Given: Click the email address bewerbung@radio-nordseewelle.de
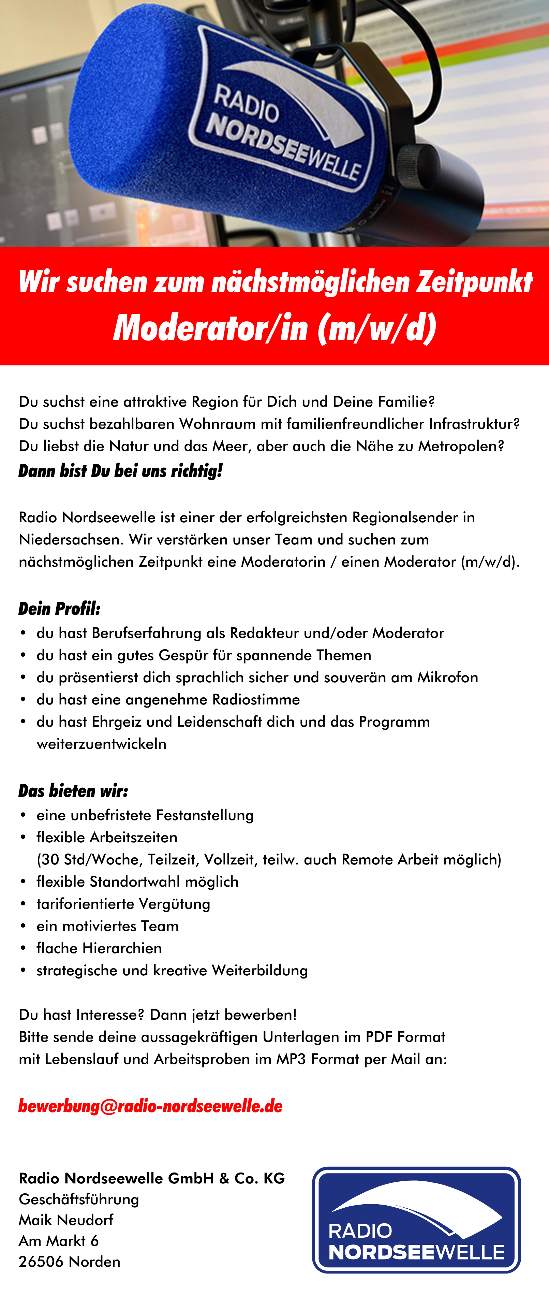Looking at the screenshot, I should tap(150, 1106).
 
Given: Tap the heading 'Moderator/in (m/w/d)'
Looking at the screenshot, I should tap(274, 328).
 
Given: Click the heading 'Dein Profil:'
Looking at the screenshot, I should tap(59, 609).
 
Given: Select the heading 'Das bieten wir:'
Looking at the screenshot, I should tap(73, 791).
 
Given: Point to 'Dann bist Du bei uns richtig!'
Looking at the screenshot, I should tap(120, 471).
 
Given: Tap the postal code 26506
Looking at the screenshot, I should tap(42, 1262).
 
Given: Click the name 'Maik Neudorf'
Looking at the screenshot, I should tap(66, 1220).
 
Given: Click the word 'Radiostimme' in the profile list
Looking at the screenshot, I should tap(256, 700).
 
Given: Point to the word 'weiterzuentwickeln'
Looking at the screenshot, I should tap(101, 744).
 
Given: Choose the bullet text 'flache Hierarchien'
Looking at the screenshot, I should tap(99, 948).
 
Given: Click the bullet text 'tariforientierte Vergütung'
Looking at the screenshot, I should tap(123, 904).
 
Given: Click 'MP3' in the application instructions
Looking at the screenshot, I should tap(291, 1059).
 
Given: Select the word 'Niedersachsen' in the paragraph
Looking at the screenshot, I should tap(71, 540).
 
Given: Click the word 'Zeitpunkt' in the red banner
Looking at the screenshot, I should tap(474, 282).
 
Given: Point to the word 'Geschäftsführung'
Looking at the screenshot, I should tap(79, 1199).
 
